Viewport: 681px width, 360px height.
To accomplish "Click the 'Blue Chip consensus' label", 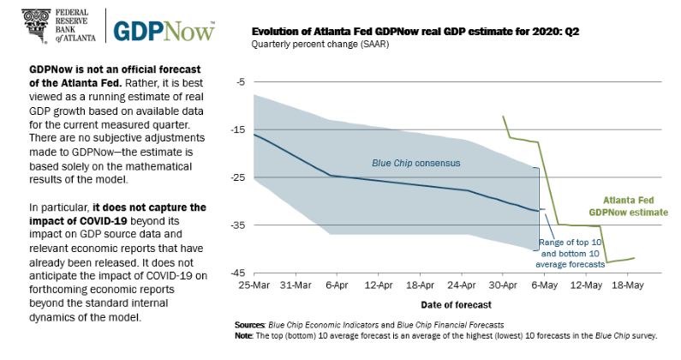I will [416, 162].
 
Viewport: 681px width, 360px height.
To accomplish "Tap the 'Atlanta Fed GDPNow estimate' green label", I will [628, 204].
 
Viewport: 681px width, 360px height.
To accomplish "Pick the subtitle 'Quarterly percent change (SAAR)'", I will [317, 45].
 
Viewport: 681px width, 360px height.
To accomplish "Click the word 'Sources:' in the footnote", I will [251, 326].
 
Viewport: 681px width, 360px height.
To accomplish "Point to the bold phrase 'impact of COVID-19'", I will [65, 219].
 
